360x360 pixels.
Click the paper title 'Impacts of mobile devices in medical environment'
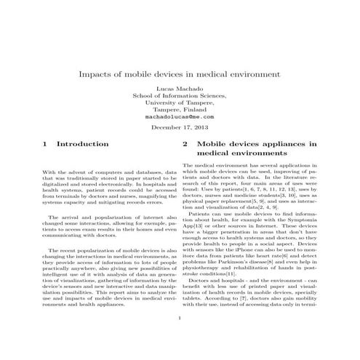[x=180, y=75]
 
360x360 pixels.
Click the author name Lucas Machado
[x=180, y=87]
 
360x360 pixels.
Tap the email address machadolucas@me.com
[x=180, y=116]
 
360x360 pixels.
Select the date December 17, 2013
[x=180, y=128]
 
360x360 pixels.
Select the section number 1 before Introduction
[x=46, y=145]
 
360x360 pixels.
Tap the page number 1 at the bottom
[x=180, y=338]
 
